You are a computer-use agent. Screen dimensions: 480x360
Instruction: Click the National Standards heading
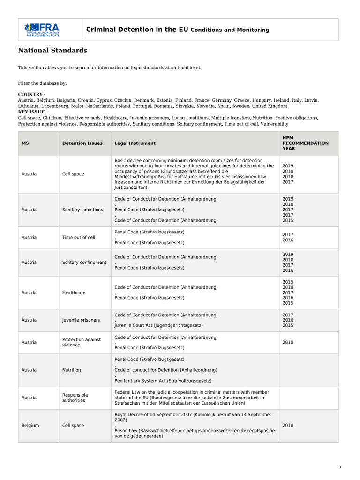pyautogui.click(x=52, y=51)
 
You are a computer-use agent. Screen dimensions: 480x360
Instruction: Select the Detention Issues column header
pyautogui.click(x=82, y=143)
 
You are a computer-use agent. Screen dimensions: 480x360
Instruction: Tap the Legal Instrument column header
pyautogui.click(x=135, y=143)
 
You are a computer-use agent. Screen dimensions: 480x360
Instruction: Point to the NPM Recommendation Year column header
pyautogui.click(x=305, y=143)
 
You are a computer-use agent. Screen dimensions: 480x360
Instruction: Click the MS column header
pyautogui.click(x=25, y=143)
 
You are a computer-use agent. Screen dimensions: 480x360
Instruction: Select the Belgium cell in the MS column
pyautogui.click(x=30, y=425)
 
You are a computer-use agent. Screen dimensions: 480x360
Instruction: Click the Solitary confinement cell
pyautogui.click(x=84, y=262)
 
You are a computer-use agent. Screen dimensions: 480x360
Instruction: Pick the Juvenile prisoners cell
pyautogui.click(x=81, y=320)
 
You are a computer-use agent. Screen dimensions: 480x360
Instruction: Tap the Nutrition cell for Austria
pyautogui.click(x=72, y=370)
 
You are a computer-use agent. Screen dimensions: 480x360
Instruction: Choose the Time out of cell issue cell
pyautogui.click(x=79, y=237)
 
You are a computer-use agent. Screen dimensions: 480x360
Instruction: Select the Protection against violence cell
pyautogui.click(x=82, y=342)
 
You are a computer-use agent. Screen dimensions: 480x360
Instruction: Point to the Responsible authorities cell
pyautogui.click(x=75, y=397)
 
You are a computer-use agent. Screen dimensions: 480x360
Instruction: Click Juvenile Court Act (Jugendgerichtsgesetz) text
pyautogui.click(x=159, y=325)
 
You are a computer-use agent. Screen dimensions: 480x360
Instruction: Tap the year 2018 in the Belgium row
pyautogui.click(x=288, y=425)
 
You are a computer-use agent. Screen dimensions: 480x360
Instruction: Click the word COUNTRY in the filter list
pyautogui.click(x=30, y=94)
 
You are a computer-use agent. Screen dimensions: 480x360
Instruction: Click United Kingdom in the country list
pyautogui.click(x=271, y=106)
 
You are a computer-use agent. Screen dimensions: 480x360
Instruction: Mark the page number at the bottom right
pyautogui.click(x=341, y=467)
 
